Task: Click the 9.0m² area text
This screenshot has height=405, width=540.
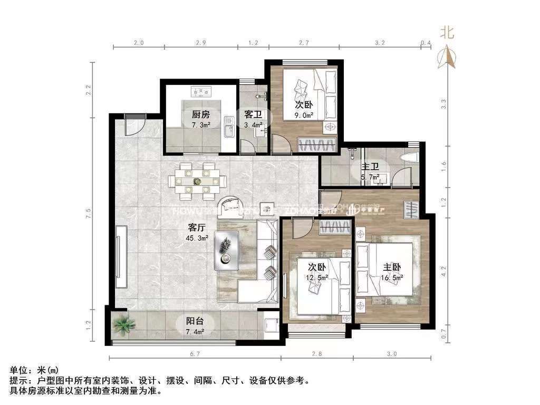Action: [305, 115]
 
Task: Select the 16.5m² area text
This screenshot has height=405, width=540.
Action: [392, 276]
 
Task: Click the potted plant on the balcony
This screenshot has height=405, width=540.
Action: [122, 324]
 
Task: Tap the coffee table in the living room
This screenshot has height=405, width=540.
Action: [226, 250]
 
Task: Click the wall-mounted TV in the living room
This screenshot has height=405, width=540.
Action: [120, 256]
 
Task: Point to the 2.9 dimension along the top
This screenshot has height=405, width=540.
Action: [200, 43]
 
